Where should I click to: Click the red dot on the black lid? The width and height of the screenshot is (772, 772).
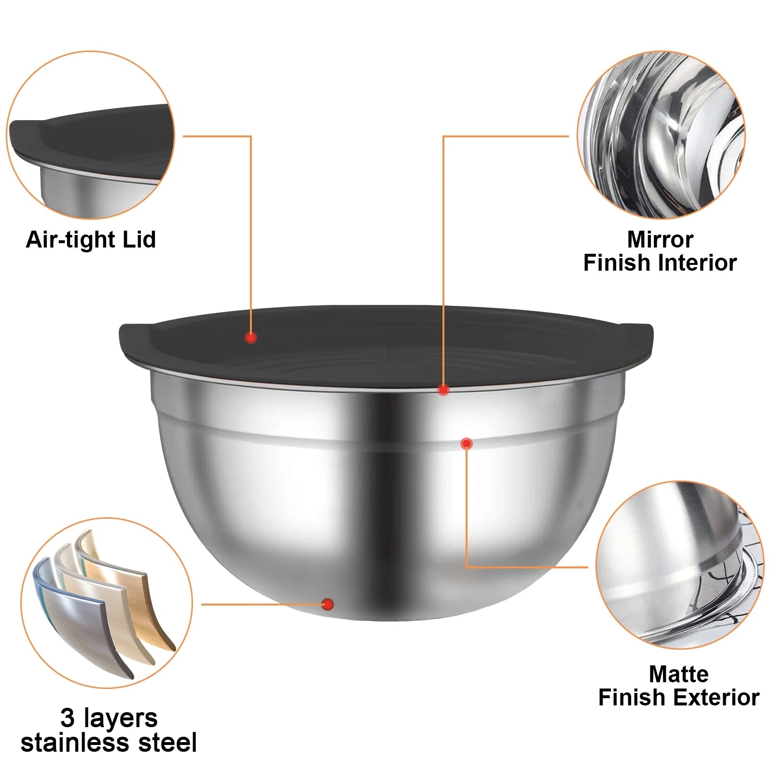(250, 338)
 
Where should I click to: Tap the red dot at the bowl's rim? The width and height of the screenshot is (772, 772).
(443, 389)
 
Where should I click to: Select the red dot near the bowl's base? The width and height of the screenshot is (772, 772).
(328, 604)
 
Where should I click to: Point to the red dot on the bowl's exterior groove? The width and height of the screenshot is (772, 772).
(466, 443)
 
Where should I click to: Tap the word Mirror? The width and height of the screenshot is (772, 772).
(660, 239)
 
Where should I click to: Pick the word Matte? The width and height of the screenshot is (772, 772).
(678, 674)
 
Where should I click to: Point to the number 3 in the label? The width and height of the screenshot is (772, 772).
(67, 718)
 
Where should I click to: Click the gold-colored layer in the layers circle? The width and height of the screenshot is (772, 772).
(145, 608)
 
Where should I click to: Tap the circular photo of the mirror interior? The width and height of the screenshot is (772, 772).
(661, 135)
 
